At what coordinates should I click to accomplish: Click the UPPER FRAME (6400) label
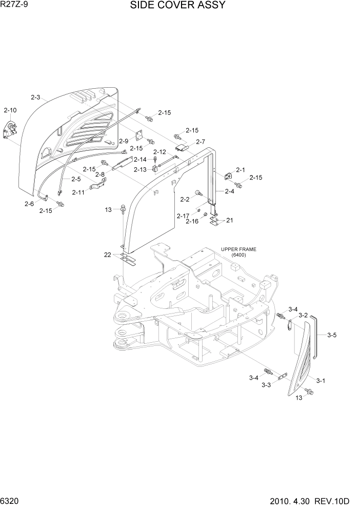tap(238, 252)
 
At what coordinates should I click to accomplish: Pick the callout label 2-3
tap(36, 97)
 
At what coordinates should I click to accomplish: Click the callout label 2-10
tap(10, 110)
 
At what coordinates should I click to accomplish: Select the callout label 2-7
tap(201, 142)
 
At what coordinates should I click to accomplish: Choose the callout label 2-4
tap(229, 191)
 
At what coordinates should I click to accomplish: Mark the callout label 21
tap(229, 220)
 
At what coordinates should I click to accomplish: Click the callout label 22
tap(107, 255)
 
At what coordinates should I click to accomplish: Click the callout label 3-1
tap(321, 380)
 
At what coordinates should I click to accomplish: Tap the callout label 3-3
tap(266, 385)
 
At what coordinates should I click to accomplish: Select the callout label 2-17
tap(183, 216)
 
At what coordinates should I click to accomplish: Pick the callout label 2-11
tap(78, 192)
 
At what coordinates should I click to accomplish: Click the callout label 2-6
tap(29, 204)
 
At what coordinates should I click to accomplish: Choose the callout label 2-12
tap(159, 152)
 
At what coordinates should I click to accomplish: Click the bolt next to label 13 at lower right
tap(309, 392)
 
